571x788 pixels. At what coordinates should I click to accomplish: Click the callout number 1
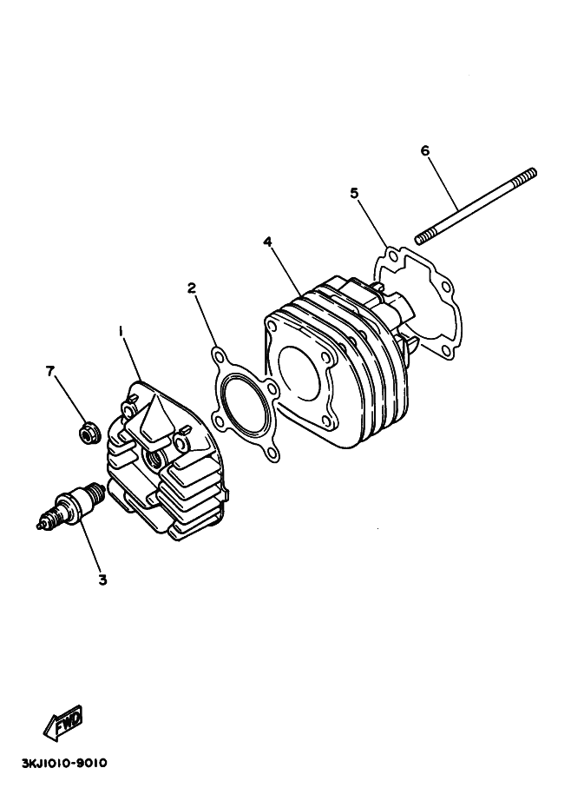[x=121, y=331]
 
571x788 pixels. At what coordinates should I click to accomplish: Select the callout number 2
[x=192, y=288]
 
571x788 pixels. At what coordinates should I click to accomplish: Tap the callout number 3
[x=102, y=580]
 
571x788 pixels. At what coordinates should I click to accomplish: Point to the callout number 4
[x=267, y=242]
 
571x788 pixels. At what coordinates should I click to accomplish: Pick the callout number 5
[x=355, y=194]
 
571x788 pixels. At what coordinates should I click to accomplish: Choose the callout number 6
[x=425, y=150]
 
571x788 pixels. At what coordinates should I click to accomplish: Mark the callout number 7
[x=49, y=371]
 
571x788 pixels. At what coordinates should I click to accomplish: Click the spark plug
[x=71, y=505]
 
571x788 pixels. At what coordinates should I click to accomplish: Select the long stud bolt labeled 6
[x=476, y=206]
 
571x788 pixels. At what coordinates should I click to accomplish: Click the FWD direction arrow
[x=63, y=724]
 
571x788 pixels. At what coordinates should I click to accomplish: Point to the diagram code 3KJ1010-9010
[x=64, y=763]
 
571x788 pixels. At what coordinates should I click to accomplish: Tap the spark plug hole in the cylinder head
[x=152, y=456]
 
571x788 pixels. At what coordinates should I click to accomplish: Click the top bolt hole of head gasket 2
[x=218, y=357]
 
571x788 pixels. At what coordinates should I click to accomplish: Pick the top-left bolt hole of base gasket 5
[x=393, y=257]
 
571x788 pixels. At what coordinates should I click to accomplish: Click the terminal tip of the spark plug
[x=40, y=526]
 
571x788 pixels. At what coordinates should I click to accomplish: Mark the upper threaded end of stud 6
[x=525, y=175]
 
